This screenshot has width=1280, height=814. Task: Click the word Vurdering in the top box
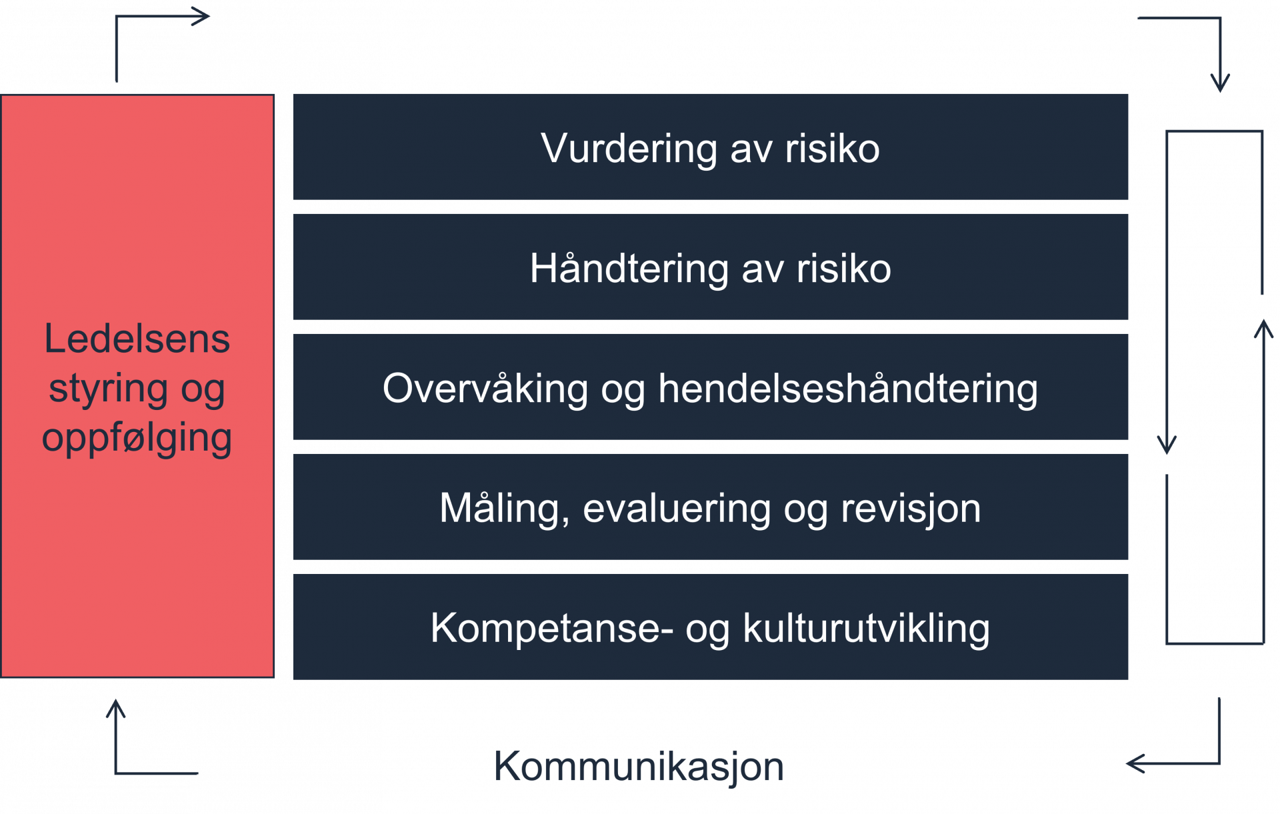[629, 149]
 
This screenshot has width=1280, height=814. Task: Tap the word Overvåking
[485, 389]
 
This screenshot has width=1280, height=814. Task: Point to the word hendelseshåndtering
[848, 389]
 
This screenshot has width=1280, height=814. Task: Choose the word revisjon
[911, 509]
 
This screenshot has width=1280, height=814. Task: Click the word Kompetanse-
[551, 629]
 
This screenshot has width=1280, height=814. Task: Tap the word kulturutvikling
[866, 629]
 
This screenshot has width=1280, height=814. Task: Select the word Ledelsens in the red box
[137, 339]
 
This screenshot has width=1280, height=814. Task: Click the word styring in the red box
[108, 389]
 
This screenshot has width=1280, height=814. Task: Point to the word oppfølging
[137, 438]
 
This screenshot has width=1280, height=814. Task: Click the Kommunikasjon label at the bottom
[639, 767]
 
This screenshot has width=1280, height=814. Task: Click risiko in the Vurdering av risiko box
[832, 149]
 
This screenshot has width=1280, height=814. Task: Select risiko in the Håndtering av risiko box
[843, 269]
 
